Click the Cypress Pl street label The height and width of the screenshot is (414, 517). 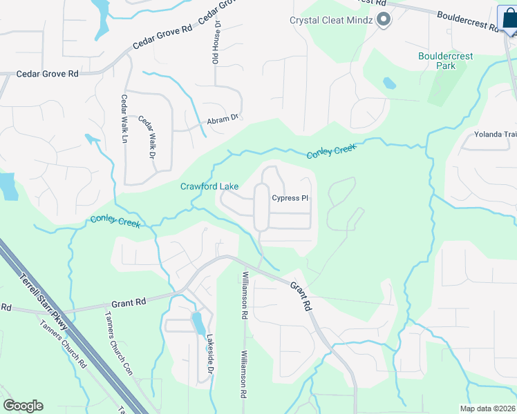pyautogui.click(x=290, y=198)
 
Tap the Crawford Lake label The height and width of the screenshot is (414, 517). pyautogui.click(x=209, y=186)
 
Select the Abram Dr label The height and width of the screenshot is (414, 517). pyautogui.click(x=223, y=121)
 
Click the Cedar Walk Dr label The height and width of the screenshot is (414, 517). pyautogui.click(x=147, y=135)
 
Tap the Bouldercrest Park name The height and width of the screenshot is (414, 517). pyautogui.click(x=437, y=61)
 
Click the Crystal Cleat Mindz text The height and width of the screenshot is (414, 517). pyautogui.click(x=331, y=20)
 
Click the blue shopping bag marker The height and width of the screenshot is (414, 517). pyautogui.click(x=509, y=19)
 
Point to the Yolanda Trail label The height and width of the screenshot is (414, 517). pyautogui.click(x=495, y=135)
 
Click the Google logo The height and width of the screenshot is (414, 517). pyautogui.click(x=23, y=406)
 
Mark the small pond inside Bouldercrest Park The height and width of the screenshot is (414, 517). pyautogui.click(x=390, y=83)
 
